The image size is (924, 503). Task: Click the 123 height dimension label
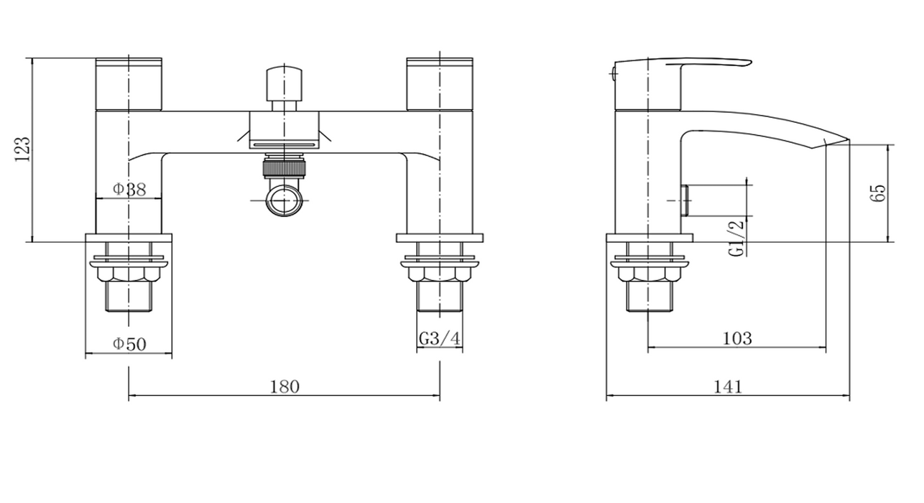[x=23, y=149]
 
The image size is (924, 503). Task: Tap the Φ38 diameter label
[x=129, y=190]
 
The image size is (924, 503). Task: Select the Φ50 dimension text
[x=129, y=344]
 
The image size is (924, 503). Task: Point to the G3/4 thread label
[x=439, y=338]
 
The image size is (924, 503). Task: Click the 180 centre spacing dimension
[x=285, y=387]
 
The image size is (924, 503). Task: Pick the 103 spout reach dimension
[x=738, y=338]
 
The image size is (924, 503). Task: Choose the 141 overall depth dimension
[x=728, y=387]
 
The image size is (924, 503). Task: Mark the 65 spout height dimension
[x=878, y=193]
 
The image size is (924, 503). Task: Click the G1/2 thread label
[x=736, y=238]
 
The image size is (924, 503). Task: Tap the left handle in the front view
[x=129, y=84]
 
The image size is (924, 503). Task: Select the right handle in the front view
[x=440, y=84]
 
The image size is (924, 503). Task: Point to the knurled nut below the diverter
[x=285, y=169]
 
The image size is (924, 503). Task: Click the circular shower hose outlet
[x=285, y=200]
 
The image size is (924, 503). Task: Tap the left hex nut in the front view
[x=129, y=274]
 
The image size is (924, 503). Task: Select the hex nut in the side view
[x=649, y=274]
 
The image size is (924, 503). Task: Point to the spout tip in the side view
[x=849, y=140]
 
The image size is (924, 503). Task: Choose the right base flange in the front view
[x=440, y=238]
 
